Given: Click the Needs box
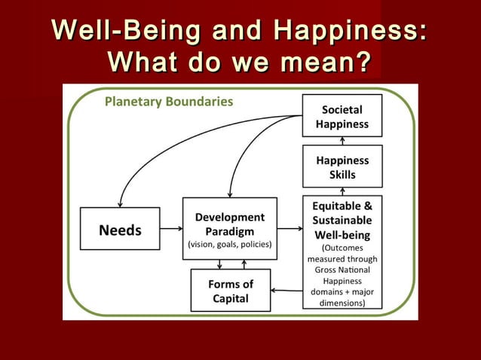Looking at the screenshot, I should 120,229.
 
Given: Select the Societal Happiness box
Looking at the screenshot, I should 342,115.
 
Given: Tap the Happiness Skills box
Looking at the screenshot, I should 342,166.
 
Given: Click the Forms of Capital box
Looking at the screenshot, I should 230,291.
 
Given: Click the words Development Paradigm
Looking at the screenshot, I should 230,224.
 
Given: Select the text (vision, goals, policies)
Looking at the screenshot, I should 230,246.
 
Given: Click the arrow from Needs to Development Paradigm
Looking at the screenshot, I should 171,229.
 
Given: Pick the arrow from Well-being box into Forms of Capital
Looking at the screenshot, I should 286,290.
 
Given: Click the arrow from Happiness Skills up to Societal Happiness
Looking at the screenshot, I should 342,141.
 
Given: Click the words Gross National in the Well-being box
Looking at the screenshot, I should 342,269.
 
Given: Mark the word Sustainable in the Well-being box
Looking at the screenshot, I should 342,220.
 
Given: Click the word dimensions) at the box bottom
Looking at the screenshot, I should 342,303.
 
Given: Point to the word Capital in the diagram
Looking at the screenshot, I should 230,298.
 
